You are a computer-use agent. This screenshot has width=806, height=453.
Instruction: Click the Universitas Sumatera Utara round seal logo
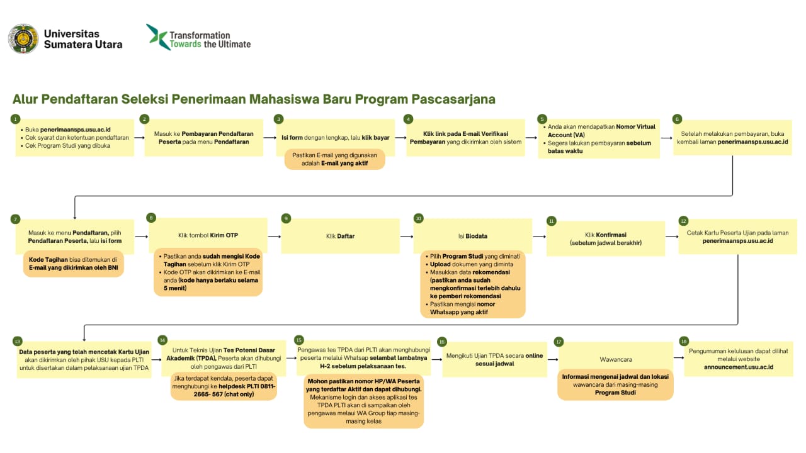[23, 39]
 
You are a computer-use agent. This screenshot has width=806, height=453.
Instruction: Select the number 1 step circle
[15, 119]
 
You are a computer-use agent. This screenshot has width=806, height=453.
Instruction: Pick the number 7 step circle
[15, 219]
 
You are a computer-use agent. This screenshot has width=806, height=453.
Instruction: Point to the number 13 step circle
[17, 341]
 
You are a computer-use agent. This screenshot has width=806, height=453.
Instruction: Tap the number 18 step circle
[684, 341]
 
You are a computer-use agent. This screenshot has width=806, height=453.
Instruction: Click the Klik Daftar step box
[340, 236]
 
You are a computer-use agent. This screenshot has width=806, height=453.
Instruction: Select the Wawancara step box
[616, 359]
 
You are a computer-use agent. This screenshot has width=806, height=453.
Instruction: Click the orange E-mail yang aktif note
[334, 159]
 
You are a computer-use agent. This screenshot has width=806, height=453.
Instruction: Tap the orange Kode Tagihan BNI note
[73, 264]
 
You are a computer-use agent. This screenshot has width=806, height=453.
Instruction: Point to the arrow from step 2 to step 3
[268, 137]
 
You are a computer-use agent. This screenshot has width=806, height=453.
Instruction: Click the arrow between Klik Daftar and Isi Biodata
[406, 236]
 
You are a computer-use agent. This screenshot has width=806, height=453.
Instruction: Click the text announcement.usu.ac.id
[739, 366]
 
